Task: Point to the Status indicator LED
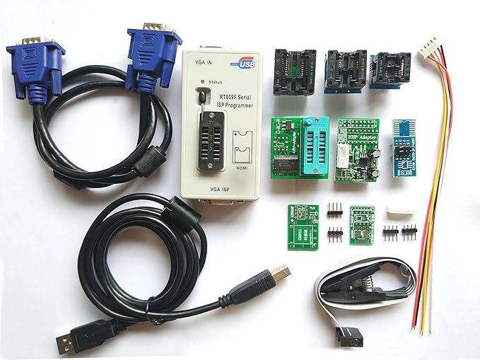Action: (202, 82)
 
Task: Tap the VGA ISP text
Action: (220, 190)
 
